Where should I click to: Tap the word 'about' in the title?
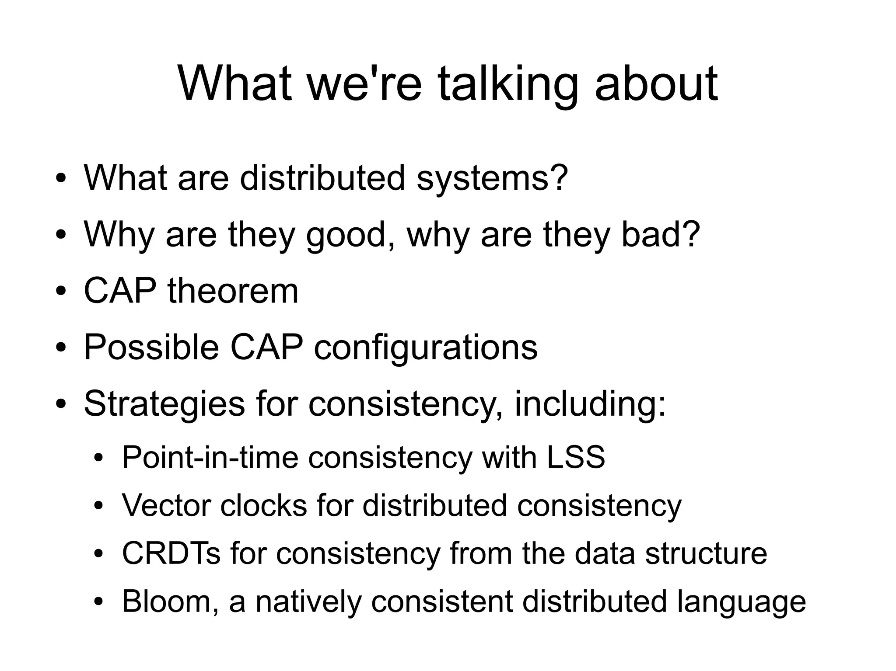click(656, 83)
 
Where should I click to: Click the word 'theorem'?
click(233, 291)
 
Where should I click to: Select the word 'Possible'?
click(151, 348)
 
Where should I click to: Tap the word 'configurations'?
click(425, 348)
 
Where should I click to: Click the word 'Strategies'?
click(164, 404)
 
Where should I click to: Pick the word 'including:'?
click(590, 404)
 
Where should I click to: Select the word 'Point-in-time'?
click(210, 458)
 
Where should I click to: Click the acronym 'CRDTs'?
click(171, 553)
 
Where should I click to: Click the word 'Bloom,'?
click(170, 601)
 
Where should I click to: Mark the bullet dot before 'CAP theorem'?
click(61, 292)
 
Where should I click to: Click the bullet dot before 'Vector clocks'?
click(99, 506)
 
